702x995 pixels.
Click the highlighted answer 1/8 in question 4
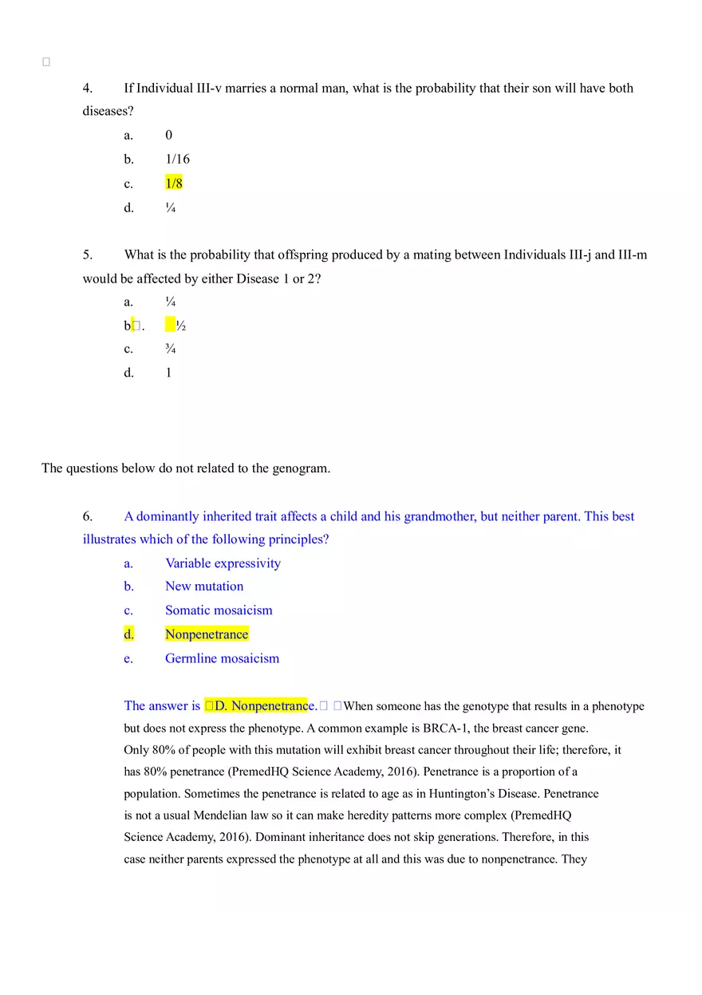pos(174,184)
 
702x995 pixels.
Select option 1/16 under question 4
pos(177,159)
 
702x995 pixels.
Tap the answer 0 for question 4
pos(168,135)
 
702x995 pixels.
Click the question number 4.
pos(88,88)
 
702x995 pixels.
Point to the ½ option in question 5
pos(180,326)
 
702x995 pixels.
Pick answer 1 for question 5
pos(168,373)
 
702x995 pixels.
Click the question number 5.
pos(88,255)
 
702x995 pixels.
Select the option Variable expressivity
pos(223,563)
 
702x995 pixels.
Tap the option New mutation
pos(204,586)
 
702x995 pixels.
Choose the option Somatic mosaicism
pos(219,610)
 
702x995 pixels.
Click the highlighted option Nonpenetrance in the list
pos(207,634)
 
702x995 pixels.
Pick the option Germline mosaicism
pos(222,658)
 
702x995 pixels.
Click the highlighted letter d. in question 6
pos(128,634)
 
